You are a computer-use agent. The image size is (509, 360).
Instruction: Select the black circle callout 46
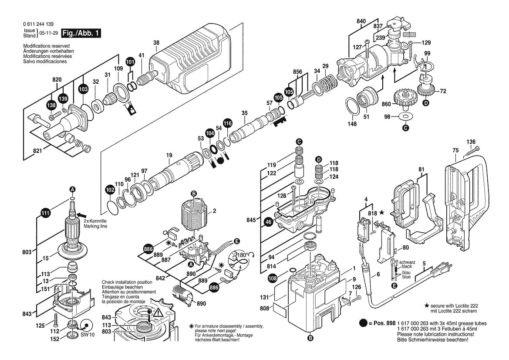tap(269, 222)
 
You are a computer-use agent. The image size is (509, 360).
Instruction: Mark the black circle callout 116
tap(227, 123)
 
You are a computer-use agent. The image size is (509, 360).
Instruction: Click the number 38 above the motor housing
tap(157, 43)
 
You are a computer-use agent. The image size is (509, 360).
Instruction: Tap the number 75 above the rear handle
tap(455, 150)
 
